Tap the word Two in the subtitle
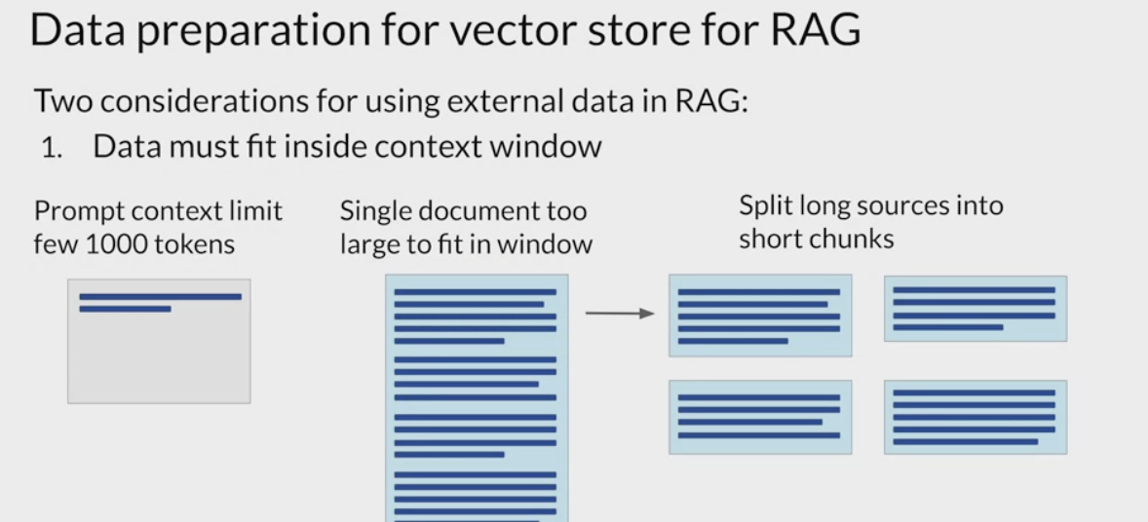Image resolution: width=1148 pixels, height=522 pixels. pyautogui.click(x=62, y=100)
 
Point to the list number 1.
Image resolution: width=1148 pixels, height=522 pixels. pyautogui.click(x=50, y=148)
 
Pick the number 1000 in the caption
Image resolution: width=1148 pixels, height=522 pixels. pyautogui.click(x=122, y=243)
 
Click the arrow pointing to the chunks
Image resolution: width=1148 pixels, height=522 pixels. pyautogui.click(x=619, y=314)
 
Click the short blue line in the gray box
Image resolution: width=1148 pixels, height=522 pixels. pyautogui.click(x=125, y=309)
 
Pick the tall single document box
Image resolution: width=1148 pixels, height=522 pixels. pyautogui.click(x=477, y=399)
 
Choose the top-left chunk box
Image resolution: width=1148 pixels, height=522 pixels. pyautogui.click(x=760, y=316)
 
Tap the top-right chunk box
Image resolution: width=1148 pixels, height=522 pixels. pyautogui.click(x=975, y=309)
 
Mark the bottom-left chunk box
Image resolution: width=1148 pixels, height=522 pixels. pyautogui.click(x=760, y=417)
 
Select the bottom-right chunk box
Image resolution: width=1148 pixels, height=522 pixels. pyautogui.click(x=975, y=417)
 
